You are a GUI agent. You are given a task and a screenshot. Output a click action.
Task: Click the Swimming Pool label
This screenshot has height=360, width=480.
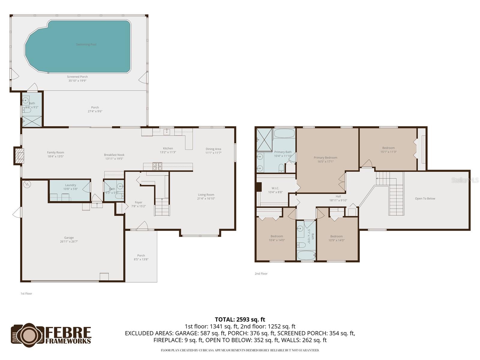click(86, 44)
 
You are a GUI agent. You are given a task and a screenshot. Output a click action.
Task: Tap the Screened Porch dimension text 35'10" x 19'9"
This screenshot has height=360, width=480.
click(77, 81)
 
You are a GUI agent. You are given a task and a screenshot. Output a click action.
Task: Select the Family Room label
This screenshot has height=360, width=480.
click(55, 152)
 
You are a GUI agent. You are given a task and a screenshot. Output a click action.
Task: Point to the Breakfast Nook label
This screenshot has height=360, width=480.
click(114, 155)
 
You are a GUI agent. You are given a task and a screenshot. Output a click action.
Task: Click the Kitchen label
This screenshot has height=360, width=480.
click(168, 148)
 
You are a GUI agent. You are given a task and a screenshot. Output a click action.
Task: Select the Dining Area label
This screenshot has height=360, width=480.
click(213, 149)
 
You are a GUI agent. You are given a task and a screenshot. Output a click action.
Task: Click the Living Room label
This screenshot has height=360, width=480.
click(206, 195)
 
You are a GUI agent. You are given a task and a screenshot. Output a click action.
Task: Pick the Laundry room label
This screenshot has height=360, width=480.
click(70, 185)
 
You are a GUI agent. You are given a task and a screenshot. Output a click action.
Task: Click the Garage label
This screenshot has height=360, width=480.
click(69, 238)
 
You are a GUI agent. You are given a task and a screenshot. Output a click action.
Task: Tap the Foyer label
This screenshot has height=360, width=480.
click(139, 202)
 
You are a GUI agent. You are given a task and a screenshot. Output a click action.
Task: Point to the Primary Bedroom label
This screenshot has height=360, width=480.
click(325, 157)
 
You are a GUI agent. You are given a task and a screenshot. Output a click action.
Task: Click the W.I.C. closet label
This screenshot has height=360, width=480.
click(275, 188)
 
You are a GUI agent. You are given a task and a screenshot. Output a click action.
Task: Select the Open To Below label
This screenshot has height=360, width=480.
click(425, 199)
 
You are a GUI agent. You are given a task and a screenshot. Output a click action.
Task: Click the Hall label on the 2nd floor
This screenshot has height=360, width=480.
click(338, 196)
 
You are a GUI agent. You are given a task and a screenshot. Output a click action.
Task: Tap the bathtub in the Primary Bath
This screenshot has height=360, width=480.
click(284, 133)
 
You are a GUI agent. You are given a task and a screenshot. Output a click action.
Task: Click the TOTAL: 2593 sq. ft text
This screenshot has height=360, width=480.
click(240, 319)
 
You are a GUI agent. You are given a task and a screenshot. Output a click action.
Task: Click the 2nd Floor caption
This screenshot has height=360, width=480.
click(261, 274)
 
